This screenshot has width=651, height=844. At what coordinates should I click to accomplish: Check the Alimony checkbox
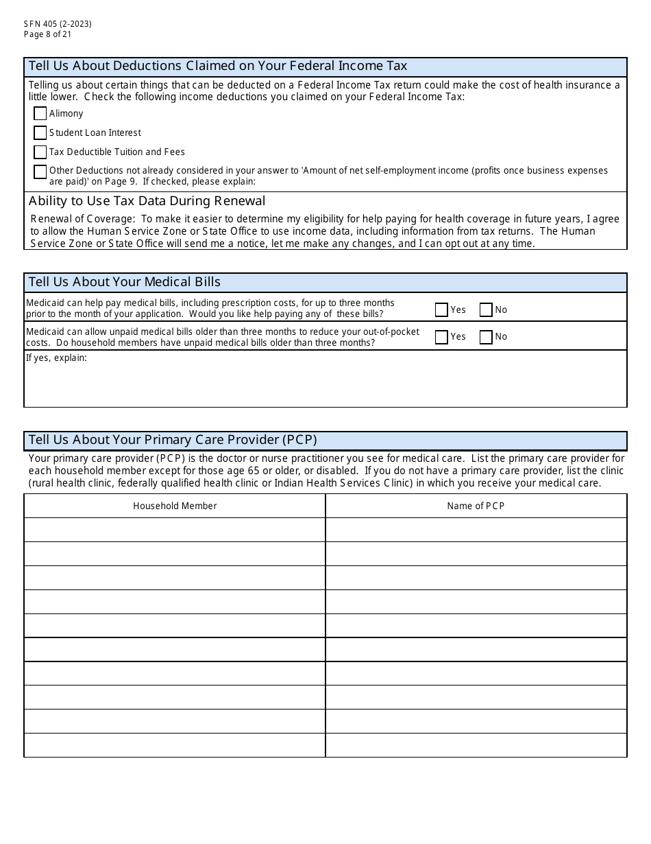pyautogui.click(x=40, y=114)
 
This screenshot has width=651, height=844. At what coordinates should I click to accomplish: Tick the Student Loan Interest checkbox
pyautogui.click(x=40, y=133)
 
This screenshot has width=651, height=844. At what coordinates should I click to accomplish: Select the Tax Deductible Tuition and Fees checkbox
pyautogui.click(x=40, y=152)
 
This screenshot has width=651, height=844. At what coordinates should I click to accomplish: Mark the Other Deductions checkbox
pyautogui.click(x=40, y=172)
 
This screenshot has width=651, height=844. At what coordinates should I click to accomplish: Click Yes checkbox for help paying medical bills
pyautogui.click(x=441, y=310)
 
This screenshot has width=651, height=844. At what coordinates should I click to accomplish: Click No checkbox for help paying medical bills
pyautogui.click(x=486, y=310)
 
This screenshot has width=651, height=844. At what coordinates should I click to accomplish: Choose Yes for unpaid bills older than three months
pyautogui.click(x=441, y=337)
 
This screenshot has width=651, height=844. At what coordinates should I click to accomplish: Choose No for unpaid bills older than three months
pyautogui.click(x=486, y=337)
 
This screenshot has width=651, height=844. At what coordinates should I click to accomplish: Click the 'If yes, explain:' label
pyautogui.click(x=56, y=357)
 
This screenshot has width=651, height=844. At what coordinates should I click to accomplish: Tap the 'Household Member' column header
pyautogui.click(x=175, y=506)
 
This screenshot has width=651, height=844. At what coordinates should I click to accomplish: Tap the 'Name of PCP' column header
pyautogui.click(x=476, y=506)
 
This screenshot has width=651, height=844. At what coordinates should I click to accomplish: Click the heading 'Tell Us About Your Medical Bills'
pyautogui.click(x=125, y=282)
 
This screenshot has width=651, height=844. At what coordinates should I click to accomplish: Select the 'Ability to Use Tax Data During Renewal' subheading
pyautogui.click(x=147, y=201)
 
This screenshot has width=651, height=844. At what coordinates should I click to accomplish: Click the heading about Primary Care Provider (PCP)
pyautogui.click(x=173, y=440)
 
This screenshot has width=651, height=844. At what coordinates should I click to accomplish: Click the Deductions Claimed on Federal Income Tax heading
pyautogui.click(x=218, y=66)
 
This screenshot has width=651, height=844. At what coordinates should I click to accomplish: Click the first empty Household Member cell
pyautogui.click(x=175, y=530)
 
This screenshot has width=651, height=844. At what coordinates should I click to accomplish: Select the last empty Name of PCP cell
pyautogui.click(x=476, y=745)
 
